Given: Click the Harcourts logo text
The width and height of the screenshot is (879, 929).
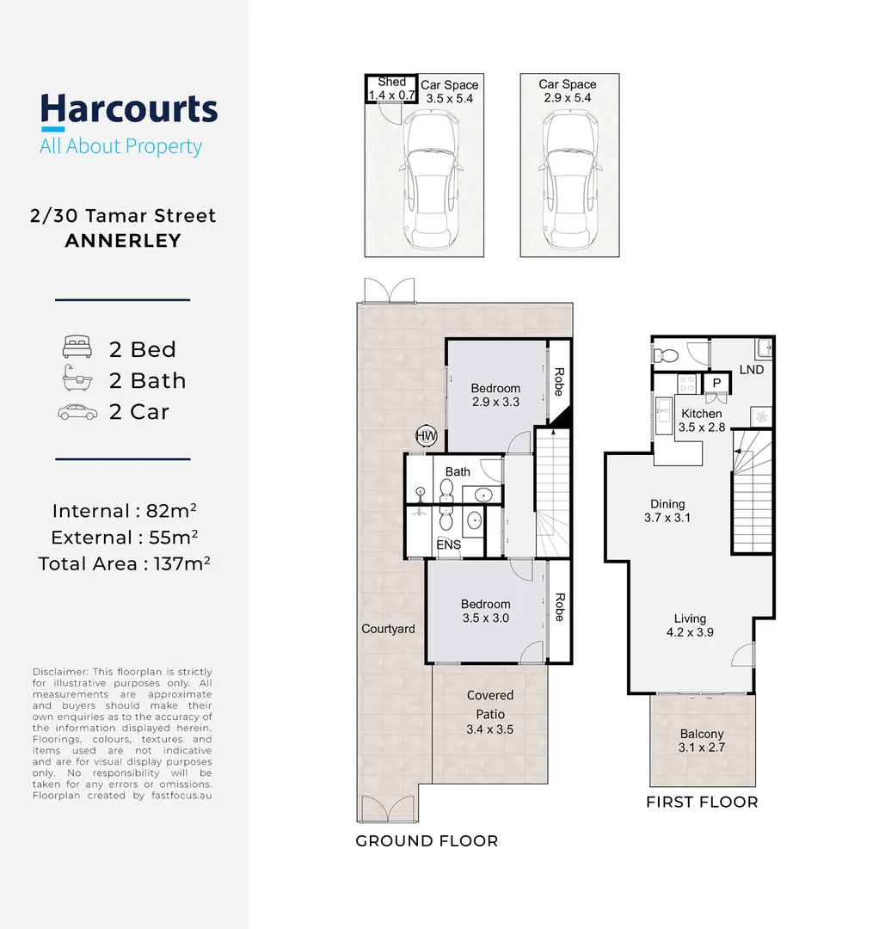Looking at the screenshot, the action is click(x=129, y=110).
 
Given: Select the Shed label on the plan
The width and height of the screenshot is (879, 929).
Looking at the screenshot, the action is click(x=391, y=83).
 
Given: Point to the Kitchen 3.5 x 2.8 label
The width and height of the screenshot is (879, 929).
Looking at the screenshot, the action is click(x=701, y=421).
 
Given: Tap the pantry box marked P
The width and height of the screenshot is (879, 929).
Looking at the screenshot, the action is click(x=716, y=385).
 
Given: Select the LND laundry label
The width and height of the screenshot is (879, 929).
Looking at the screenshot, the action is click(x=751, y=370).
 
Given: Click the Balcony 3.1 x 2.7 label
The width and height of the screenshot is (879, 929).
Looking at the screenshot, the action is click(x=701, y=741).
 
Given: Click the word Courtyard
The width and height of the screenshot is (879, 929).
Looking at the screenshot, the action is click(x=388, y=629).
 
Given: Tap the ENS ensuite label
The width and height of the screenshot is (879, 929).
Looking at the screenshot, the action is click(x=449, y=544).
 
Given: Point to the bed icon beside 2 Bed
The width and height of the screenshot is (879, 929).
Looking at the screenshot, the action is click(x=77, y=349).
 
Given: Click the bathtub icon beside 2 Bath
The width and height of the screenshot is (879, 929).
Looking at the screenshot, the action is click(x=77, y=380).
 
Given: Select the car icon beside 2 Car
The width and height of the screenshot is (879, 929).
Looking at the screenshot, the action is click(x=77, y=412).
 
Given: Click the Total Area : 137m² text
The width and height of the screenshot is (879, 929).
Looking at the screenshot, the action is click(x=125, y=564).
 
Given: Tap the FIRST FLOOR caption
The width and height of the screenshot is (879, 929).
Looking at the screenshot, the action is click(x=702, y=803).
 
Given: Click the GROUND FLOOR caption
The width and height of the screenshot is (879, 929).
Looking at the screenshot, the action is click(x=427, y=841).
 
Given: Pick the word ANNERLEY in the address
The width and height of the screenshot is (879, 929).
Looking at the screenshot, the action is click(x=123, y=241).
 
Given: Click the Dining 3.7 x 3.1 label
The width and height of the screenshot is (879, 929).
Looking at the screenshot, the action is click(x=667, y=511).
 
